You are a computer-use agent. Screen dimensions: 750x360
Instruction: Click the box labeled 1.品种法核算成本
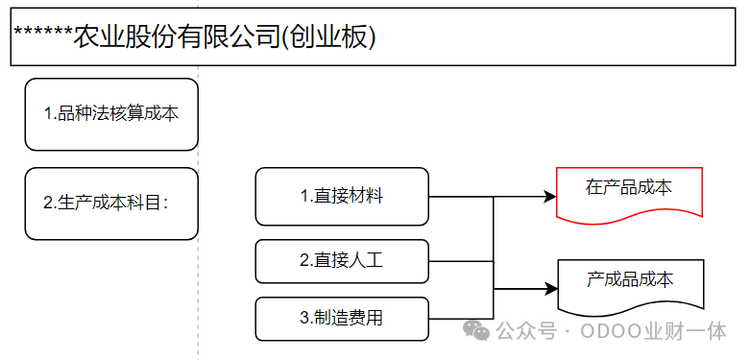pyautogui.click(x=111, y=114)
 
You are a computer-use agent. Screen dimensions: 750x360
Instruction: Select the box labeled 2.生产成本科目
pyautogui.click(x=111, y=204)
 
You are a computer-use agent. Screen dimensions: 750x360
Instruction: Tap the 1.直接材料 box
pyautogui.click(x=342, y=196)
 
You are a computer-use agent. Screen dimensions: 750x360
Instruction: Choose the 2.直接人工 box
pyautogui.click(x=342, y=261)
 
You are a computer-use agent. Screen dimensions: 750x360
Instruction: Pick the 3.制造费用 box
pyautogui.click(x=342, y=319)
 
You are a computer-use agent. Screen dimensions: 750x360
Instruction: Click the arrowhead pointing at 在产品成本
pyautogui.click(x=550, y=196)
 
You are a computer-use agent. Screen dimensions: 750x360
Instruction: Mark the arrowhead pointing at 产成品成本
pyautogui.click(x=551, y=289)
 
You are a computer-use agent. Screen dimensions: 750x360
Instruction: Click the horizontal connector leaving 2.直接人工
pyautogui.click(x=461, y=261)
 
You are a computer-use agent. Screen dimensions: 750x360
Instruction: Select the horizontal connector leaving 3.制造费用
pyautogui.click(x=461, y=319)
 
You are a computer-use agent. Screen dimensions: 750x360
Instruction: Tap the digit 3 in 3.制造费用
pyautogui.click(x=304, y=319)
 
